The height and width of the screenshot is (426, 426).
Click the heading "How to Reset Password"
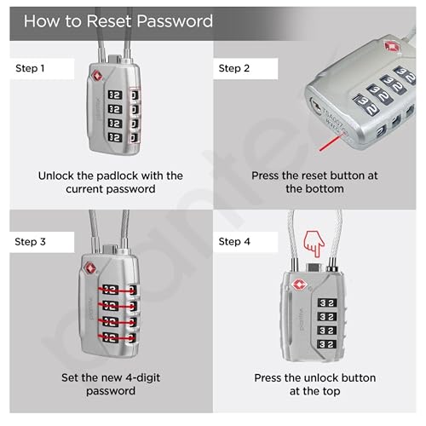click(x=118, y=21)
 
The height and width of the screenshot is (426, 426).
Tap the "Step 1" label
click(x=30, y=68)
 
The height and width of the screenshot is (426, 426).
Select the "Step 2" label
click(x=234, y=68)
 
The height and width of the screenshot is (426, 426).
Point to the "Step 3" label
click(x=30, y=242)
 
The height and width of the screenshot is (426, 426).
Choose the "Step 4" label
click(x=234, y=242)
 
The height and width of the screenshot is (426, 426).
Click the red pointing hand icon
click(x=314, y=244)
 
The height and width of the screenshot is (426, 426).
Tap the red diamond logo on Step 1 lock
click(x=97, y=76)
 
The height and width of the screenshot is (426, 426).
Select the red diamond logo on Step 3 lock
click(x=90, y=268)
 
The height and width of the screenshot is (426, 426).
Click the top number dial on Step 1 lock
click(x=115, y=95)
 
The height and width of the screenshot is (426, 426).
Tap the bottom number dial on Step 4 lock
click(x=327, y=344)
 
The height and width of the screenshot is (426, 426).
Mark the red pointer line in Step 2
click(x=330, y=143)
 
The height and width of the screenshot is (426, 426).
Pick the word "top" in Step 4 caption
click(x=331, y=392)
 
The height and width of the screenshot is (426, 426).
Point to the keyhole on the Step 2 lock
click(x=315, y=106)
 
